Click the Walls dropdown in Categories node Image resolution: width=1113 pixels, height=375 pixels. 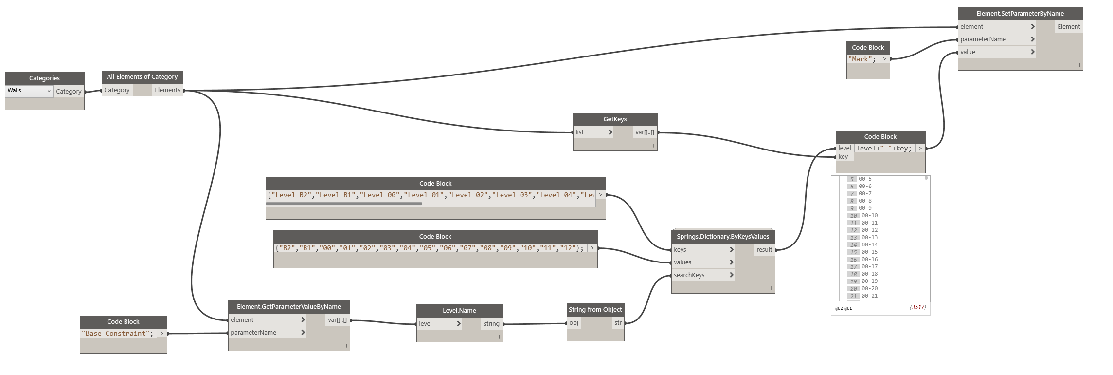click(29, 91)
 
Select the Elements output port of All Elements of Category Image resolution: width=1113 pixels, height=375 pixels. click(167, 90)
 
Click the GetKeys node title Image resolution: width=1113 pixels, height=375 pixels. click(615, 119)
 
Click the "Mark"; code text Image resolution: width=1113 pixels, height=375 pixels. click(862, 59)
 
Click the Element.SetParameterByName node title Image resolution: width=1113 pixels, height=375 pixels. click(1020, 14)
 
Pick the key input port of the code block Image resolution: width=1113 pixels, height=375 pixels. click(844, 157)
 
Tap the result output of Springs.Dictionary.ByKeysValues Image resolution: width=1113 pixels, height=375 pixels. click(764, 250)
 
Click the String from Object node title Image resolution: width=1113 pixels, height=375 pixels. click(595, 310)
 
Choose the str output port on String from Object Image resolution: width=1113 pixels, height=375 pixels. click(618, 323)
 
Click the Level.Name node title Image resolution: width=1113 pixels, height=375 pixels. click(459, 311)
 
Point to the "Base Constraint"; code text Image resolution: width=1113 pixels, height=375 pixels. click(117, 334)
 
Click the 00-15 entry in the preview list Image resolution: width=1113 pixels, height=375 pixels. click(869, 252)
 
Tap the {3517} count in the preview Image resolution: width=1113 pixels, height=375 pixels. click(917, 307)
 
